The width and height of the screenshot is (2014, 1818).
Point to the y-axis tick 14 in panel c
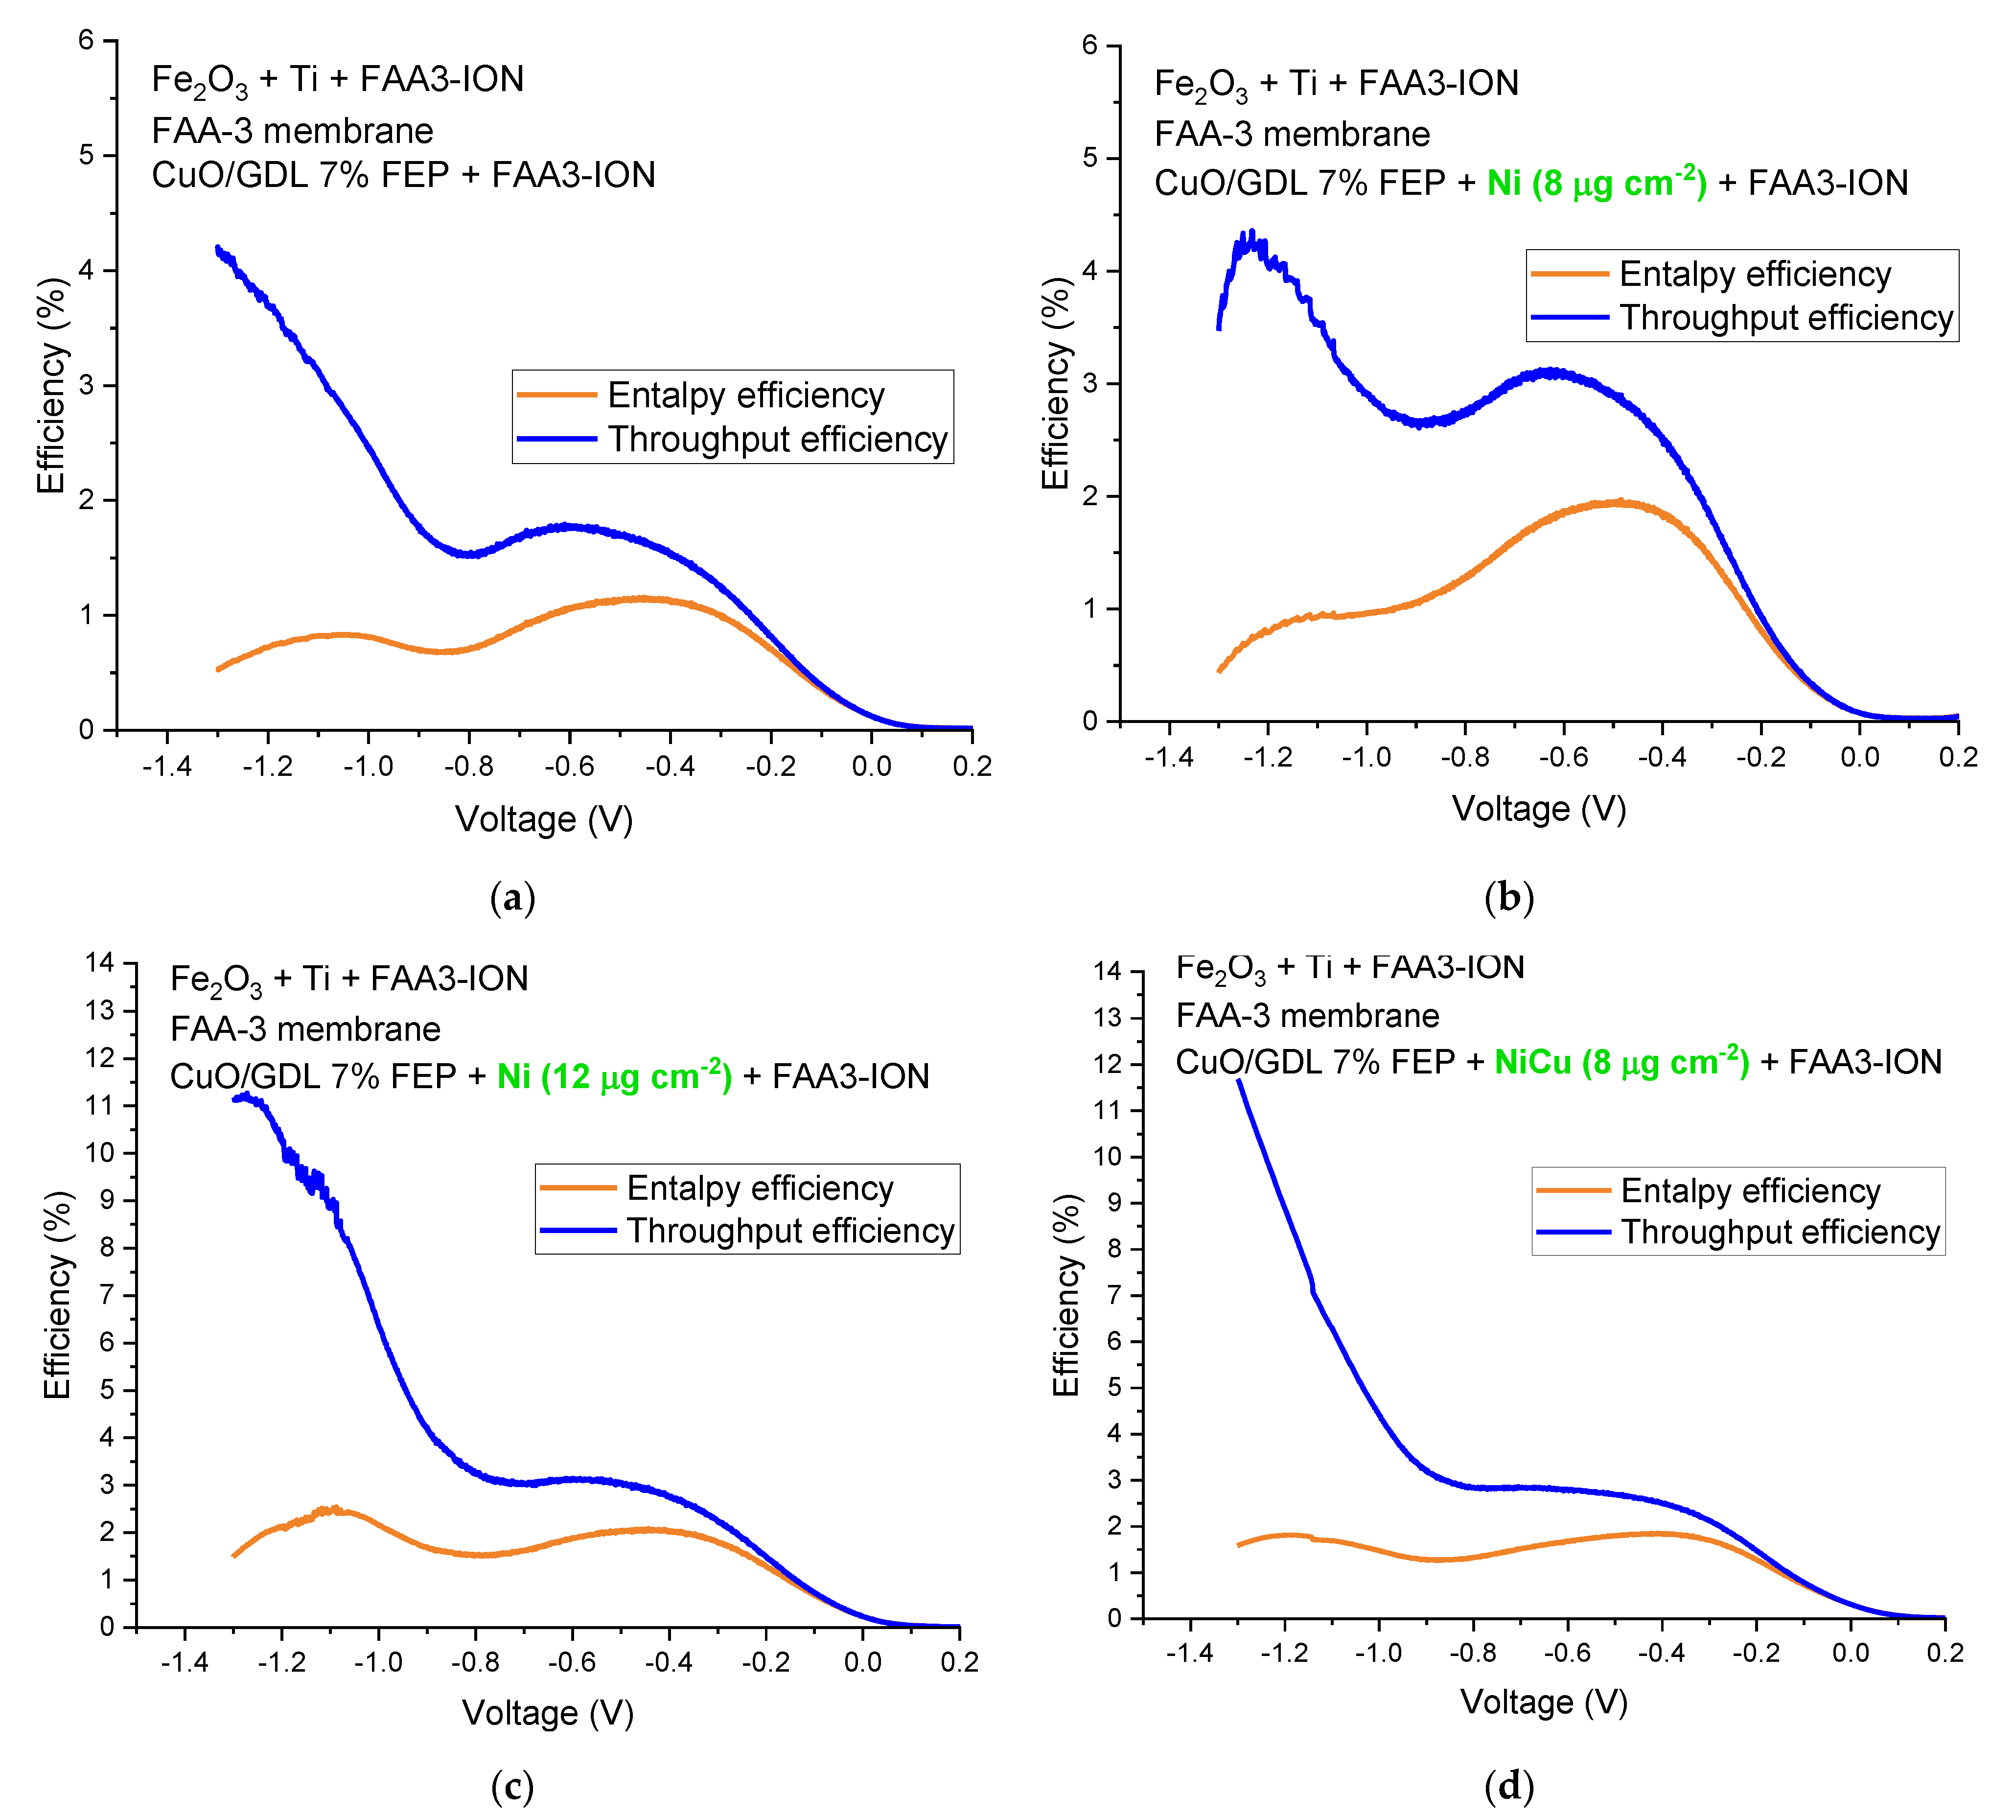[100, 963]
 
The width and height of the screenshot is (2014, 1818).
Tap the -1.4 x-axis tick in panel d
[1189, 1653]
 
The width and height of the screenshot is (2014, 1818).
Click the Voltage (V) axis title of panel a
[544, 819]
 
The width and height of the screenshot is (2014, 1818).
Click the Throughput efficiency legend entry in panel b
[1785, 318]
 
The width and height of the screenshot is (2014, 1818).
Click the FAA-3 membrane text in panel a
[293, 131]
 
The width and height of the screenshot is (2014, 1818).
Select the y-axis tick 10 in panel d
[1108, 1156]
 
